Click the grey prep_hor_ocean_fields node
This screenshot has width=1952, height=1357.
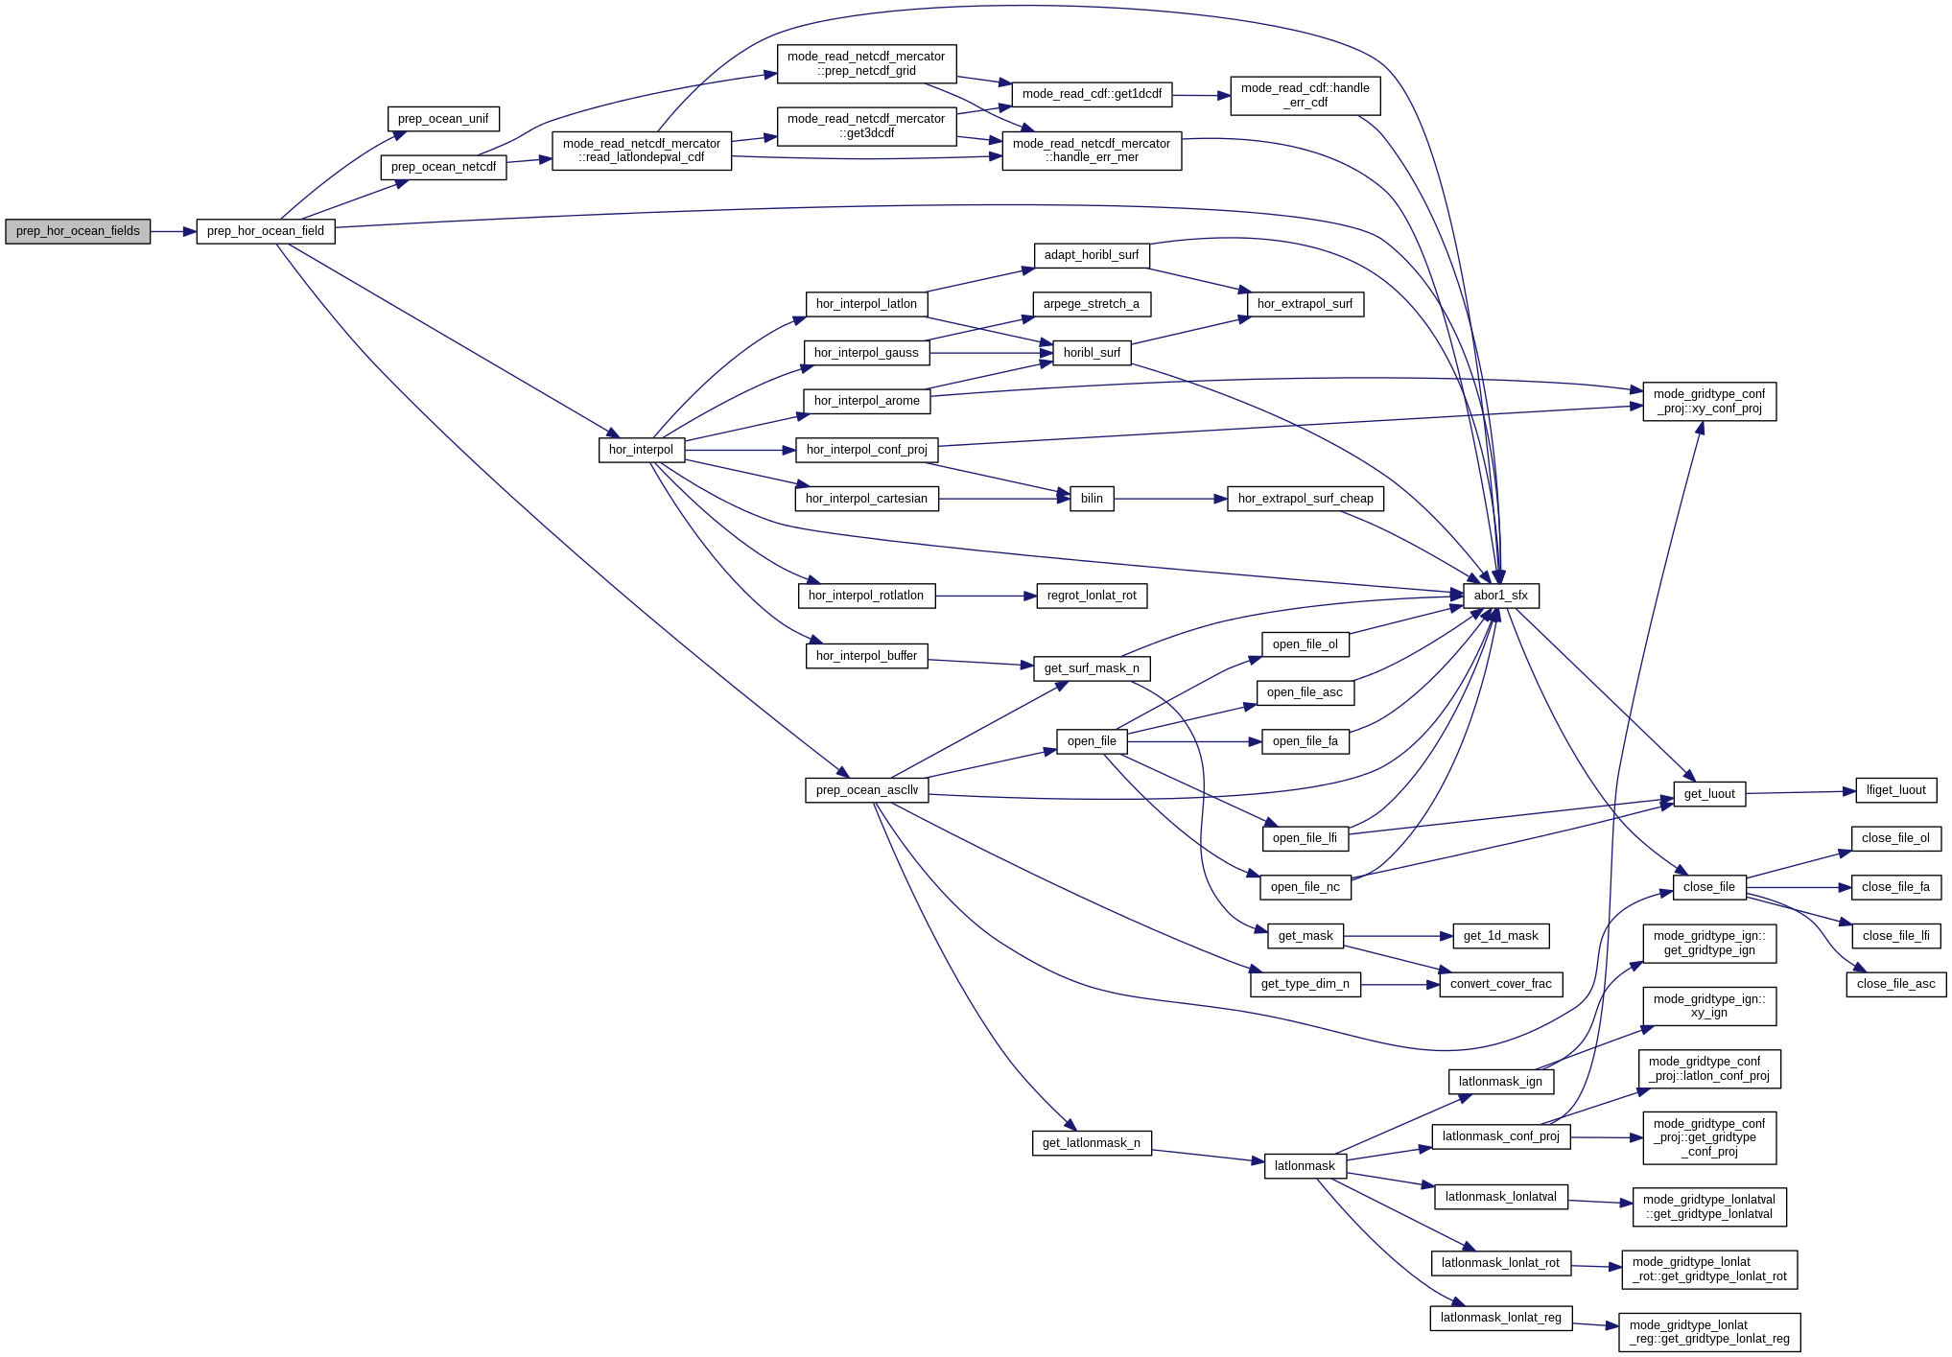tap(78, 231)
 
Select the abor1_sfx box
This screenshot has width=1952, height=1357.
tap(1500, 596)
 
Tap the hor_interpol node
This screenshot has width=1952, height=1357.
tap(641, 450)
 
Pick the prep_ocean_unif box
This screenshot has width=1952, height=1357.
tap(442, 119)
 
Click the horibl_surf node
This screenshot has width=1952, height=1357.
tap(1092, 353)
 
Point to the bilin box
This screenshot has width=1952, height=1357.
tap(1092, 499)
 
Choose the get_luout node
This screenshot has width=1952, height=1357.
tap(1708, 794)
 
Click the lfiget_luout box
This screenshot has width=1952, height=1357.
tap(1895, 790)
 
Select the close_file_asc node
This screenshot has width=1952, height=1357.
tap(1895, 984)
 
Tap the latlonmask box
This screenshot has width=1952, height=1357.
tap(1305, 1166)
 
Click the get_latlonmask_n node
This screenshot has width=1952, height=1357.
tap(1092, 1143)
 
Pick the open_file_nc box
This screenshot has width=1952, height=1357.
tap(1305, 887)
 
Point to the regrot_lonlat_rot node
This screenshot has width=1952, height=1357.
tap(1092, 596)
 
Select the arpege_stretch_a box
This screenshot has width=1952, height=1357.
tap(1092, 304)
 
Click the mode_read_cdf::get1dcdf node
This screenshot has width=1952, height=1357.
tap(1092, 94)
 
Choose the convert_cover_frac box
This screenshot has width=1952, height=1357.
tap(1500, 984)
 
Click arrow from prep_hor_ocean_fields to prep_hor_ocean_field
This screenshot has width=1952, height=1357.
tap(173, 231)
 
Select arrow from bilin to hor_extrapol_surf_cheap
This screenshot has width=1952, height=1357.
tap(1170, 499)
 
